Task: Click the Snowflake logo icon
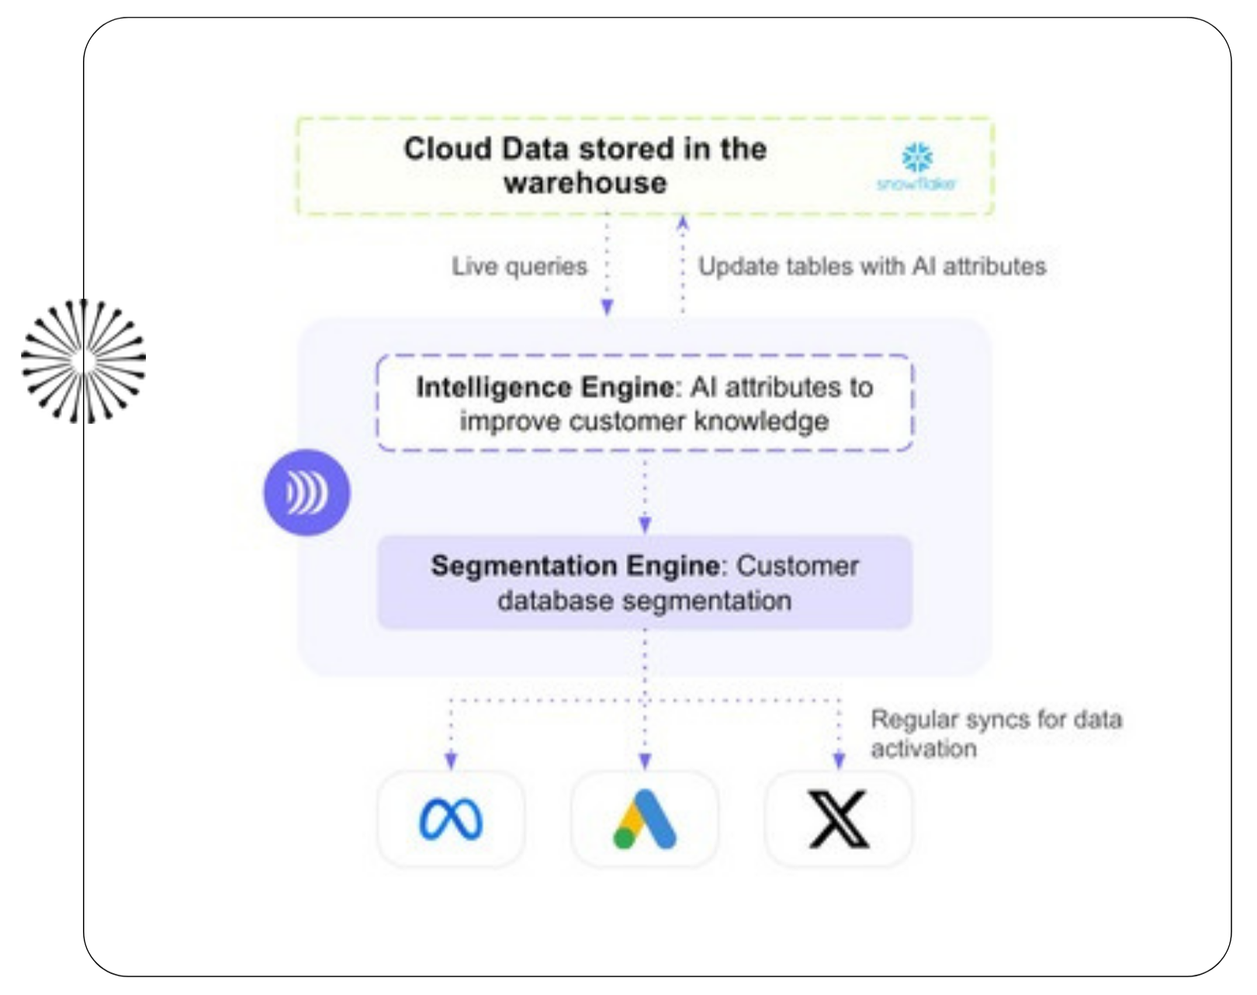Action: point(917,158)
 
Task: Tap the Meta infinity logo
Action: point(451,820)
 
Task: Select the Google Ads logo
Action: point(645,820)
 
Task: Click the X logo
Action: point(838,820)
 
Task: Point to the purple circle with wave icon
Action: point(306,493)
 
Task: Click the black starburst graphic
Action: point(85,361)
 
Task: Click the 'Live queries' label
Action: point(519,267)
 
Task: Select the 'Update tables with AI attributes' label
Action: point(872,267)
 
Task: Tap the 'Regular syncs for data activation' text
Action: point(996,733)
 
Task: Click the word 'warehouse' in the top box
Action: point(585,183)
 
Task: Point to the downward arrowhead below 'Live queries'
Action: point(608,307)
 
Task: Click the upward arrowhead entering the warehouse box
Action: point(683,221)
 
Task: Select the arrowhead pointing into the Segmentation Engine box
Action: point(645,525)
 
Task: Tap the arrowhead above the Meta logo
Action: point(451,761)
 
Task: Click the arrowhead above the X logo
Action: point(838,761)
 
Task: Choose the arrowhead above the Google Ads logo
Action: point(645,761)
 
